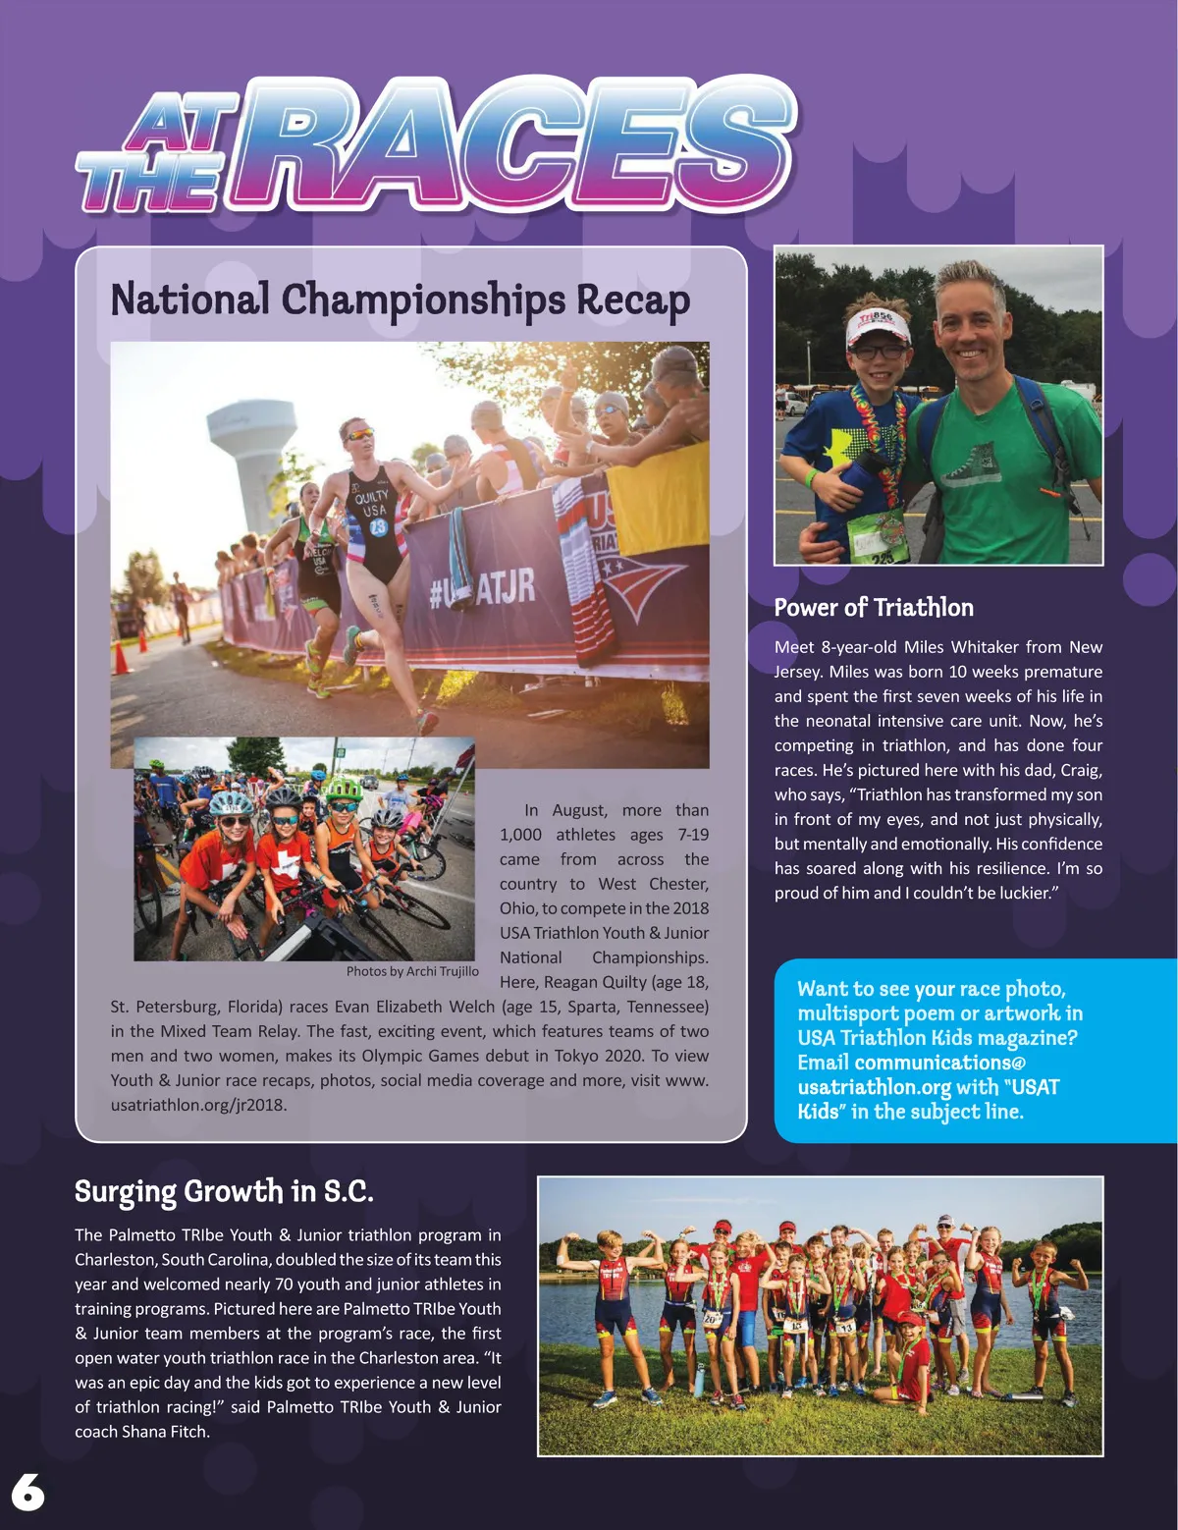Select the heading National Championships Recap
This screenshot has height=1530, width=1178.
point(401,300)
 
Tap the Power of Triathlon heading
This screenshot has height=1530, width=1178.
point(874,607)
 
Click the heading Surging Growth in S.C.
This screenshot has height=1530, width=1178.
point(224,1191)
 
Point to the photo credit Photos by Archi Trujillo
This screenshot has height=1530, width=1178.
point(412,971)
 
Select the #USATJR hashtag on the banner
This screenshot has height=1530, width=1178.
point(482,588)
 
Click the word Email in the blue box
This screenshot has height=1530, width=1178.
point(823,1063)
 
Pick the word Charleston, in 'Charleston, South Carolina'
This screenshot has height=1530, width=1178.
point(115,1260)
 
